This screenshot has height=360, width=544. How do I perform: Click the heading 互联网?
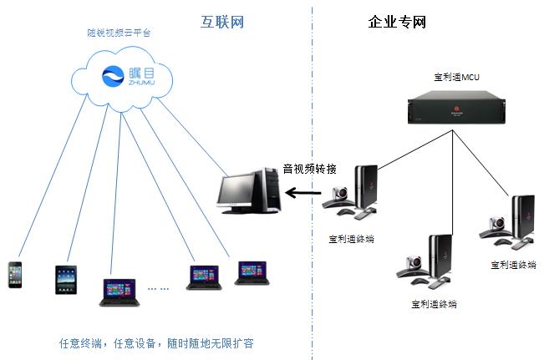222,20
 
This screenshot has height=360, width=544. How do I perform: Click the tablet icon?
66,280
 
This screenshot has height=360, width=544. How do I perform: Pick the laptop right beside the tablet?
118,290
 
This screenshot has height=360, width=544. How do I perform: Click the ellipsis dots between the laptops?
159,287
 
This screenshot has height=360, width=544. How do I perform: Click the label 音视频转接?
309,167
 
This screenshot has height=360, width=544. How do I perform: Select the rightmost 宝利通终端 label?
513,265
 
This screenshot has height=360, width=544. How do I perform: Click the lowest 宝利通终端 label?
434,304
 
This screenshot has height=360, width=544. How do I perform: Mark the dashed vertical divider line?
312,251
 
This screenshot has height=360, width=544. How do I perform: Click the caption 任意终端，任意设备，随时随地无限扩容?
155,342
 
